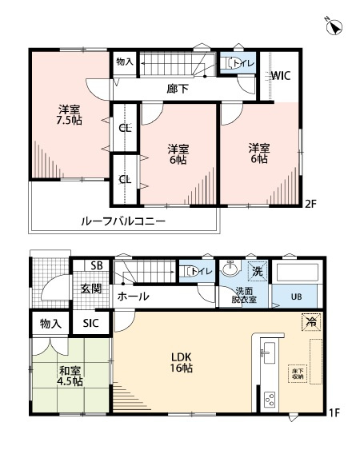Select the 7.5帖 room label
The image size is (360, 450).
[69, 116]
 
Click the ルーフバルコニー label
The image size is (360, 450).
[123, 221]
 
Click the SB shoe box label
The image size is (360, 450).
[96, 266]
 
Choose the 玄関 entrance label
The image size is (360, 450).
[90, 289]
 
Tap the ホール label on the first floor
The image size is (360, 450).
[132, 296]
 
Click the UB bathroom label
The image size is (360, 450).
[296, 297]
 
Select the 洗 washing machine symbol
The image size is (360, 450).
[257, 272]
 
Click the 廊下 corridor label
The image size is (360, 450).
[178, 90]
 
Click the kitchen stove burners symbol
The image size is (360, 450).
[270, 397]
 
